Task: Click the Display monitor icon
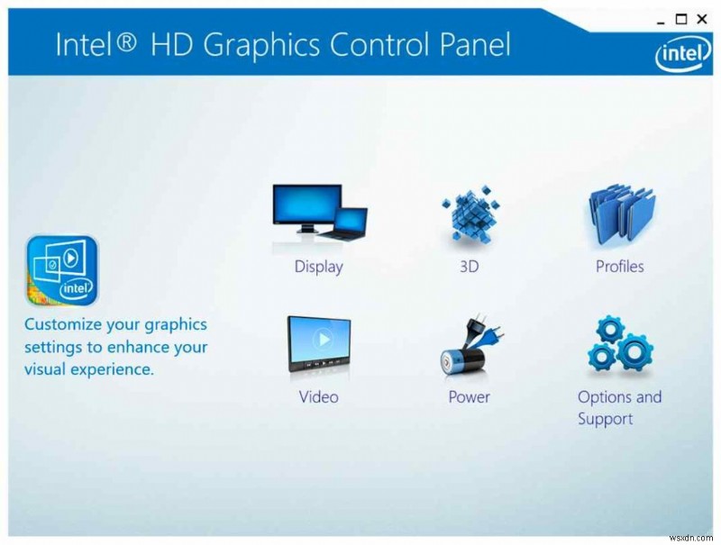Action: click(x=319, y=213)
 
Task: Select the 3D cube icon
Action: click(x=469, y=215)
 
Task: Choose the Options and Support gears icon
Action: click(x=619, y=345)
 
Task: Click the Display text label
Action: click(x=319, y=267)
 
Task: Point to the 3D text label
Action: click(x=469, y=267)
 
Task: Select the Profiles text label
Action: click(x=619, y=267)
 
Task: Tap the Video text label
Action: click(x=319, y=397)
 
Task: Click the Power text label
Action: click(x=469, y=397)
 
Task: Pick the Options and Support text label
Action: click(x=619, y=408)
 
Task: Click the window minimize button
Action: click(x=660, y=19)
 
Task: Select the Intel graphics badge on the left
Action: click(x=61, y=270)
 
